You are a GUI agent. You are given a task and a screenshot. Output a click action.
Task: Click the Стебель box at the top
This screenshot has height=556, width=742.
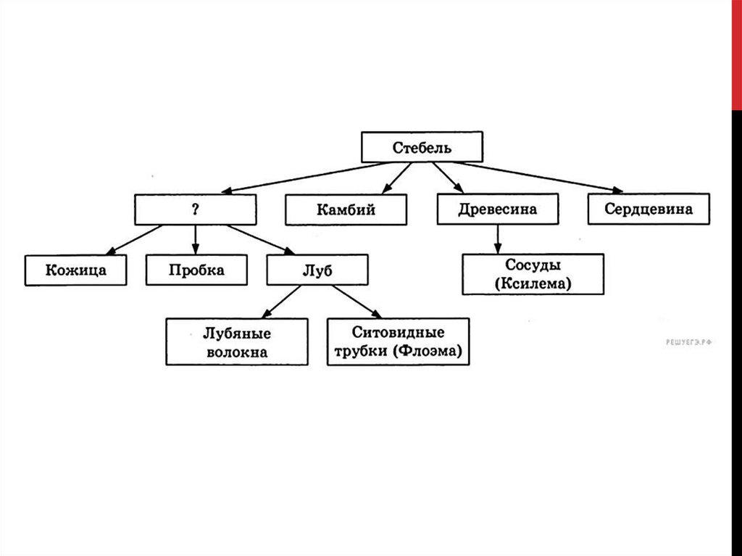(x=422, y=147)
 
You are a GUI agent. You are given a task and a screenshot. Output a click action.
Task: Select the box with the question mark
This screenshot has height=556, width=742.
(x=196, y=209)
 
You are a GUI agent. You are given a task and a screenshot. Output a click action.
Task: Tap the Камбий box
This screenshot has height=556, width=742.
(x=346, y=209)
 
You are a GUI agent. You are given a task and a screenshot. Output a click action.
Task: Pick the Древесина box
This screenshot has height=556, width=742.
(x=497, y=208)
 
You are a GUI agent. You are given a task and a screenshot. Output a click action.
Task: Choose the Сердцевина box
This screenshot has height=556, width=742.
(x=649, y=208)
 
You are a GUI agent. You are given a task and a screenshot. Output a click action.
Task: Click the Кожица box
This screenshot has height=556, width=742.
(x=75, y=270)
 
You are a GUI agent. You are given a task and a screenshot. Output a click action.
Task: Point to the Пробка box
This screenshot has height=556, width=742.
(x=196, y=270)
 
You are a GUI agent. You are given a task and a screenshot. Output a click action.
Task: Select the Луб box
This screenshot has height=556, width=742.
(x=317, y=270)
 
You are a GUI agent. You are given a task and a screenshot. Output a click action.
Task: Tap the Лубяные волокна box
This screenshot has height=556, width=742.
(x=237, y=341)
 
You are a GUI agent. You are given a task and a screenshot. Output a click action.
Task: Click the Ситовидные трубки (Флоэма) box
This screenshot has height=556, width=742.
(x=399, y=341)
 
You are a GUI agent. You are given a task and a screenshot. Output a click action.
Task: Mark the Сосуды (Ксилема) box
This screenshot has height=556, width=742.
(x=533, y=274)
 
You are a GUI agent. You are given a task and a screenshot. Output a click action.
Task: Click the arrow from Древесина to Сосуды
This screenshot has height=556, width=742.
(x=497, y=239)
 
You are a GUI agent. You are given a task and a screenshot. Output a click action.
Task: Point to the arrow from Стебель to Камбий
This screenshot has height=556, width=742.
(x=396, y=178)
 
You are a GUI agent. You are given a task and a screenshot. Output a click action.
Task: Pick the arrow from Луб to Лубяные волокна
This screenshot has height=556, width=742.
(x=281, y=302)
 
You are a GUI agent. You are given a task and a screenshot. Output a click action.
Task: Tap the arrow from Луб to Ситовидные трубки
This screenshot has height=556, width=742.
(x=357, y=302)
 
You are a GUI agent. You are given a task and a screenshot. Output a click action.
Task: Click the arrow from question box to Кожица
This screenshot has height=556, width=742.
(x=134, y=240)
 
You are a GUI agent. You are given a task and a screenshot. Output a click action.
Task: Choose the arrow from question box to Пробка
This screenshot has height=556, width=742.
(x=196, y=240)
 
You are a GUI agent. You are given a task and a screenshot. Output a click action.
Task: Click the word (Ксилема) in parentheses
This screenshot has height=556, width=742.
(x=533, y=283)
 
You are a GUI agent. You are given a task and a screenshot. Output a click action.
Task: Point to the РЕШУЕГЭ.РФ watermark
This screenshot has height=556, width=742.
(x=688, y=342)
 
